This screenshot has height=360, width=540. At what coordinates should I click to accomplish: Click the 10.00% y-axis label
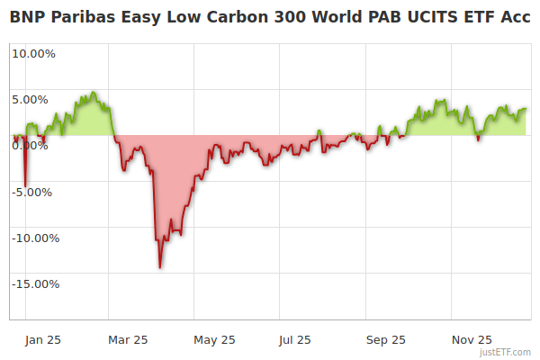pyautogui.click(x=33, y=53)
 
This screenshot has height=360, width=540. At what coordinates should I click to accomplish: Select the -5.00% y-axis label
pyautogui.click(x=34, y=192)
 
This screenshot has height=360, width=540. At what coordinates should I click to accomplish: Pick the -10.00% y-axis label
pyautogui.click(x=34, y=238)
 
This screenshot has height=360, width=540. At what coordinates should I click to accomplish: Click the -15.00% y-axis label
pyautogui.click(x=34, y=283)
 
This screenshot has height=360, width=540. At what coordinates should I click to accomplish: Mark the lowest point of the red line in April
pyautogui.click(x=160, y=267)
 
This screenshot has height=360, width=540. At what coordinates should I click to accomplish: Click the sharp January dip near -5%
pyautogui.click(x=25, y=185)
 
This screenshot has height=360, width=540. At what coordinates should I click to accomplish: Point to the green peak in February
pyautogui.click(x=91, y=92)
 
